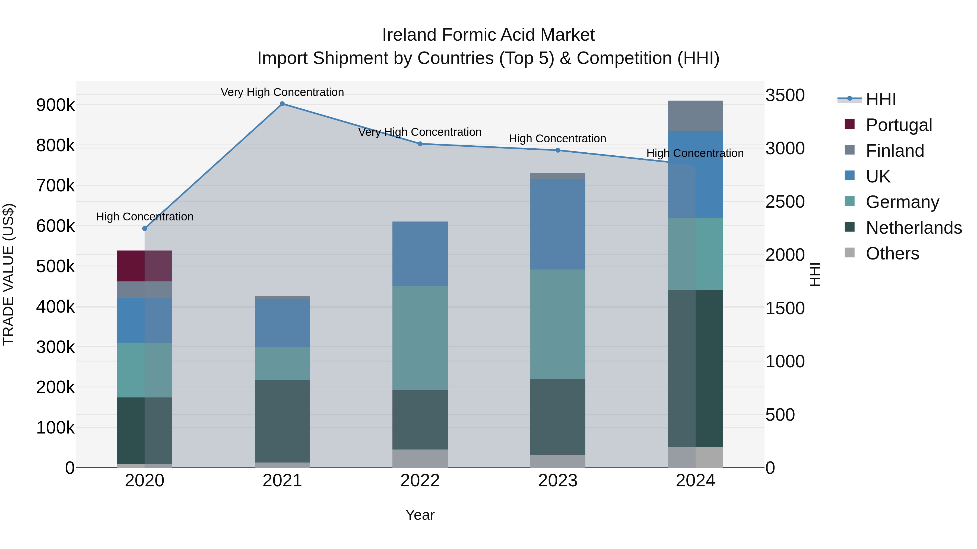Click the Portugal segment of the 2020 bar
[x=144, y=266]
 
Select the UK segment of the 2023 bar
[x=557, y=224]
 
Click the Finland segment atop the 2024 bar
[x=695, y=116]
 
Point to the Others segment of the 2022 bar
[x=420, y=458]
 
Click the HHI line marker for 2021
[x=282, y=104]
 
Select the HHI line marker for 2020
[x=144, y=229]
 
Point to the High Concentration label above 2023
[x=557, y=139]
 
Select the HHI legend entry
[x=881, y=99]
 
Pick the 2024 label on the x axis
[x=695, y=481]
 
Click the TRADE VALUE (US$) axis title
[x=8, y=274]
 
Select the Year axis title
[x=420, y=515]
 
